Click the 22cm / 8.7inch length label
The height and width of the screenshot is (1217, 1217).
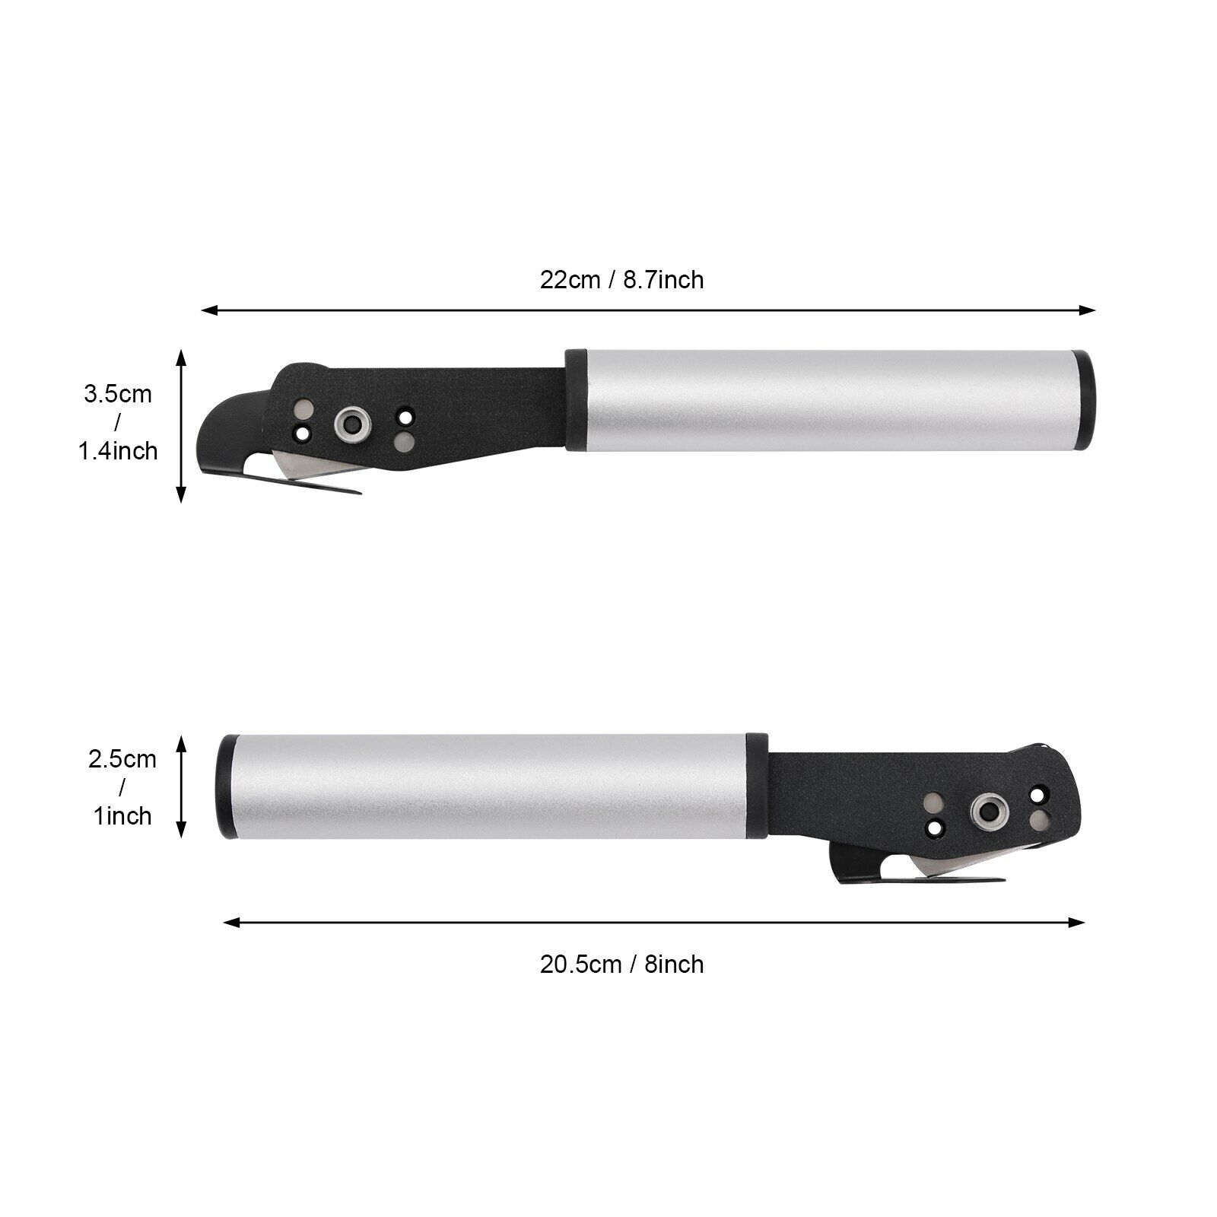pyautogui.click(x=621, y=280)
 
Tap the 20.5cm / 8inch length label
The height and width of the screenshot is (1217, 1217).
pyautogui.click(x=621, y=964)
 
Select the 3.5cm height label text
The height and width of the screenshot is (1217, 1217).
pyautogui.click(x=118, y=395)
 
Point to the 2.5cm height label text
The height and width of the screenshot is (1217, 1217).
pyautogui.click(x=122, y=759)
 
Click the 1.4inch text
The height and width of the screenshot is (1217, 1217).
pyautogui.click(x=118, y=451)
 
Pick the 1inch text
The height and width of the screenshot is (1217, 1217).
pyautogui.click(x=122, y=816)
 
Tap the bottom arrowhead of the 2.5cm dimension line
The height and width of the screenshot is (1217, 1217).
pyautogui.click(x=181, y=831)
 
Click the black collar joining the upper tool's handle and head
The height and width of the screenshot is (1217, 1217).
pyautogui.click(x=575, y=400)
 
